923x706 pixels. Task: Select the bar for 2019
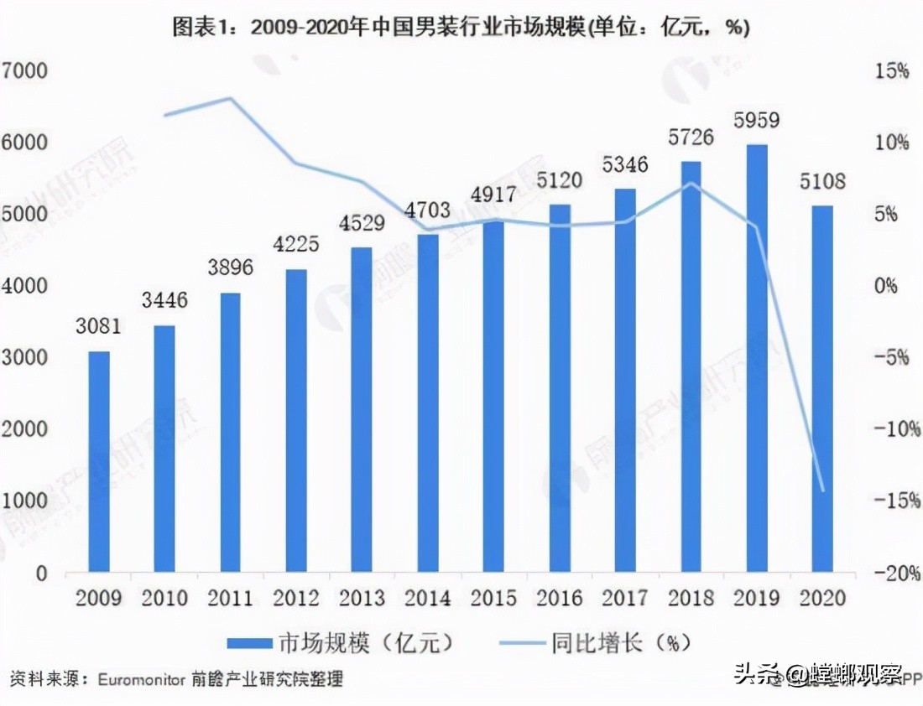click(757, 359)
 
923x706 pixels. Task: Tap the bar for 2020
click(822, 389)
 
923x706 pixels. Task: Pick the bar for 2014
click(428, 403)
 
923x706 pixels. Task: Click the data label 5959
click(756, 121)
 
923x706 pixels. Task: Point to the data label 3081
click(99, 327)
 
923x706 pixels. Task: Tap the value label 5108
click(822, 181)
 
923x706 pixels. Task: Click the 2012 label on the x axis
click(296, 599)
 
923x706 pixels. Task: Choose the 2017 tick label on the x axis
click(625, 599)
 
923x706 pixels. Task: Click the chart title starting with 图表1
click(461, 28)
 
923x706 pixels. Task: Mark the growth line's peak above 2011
click(230, 98)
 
